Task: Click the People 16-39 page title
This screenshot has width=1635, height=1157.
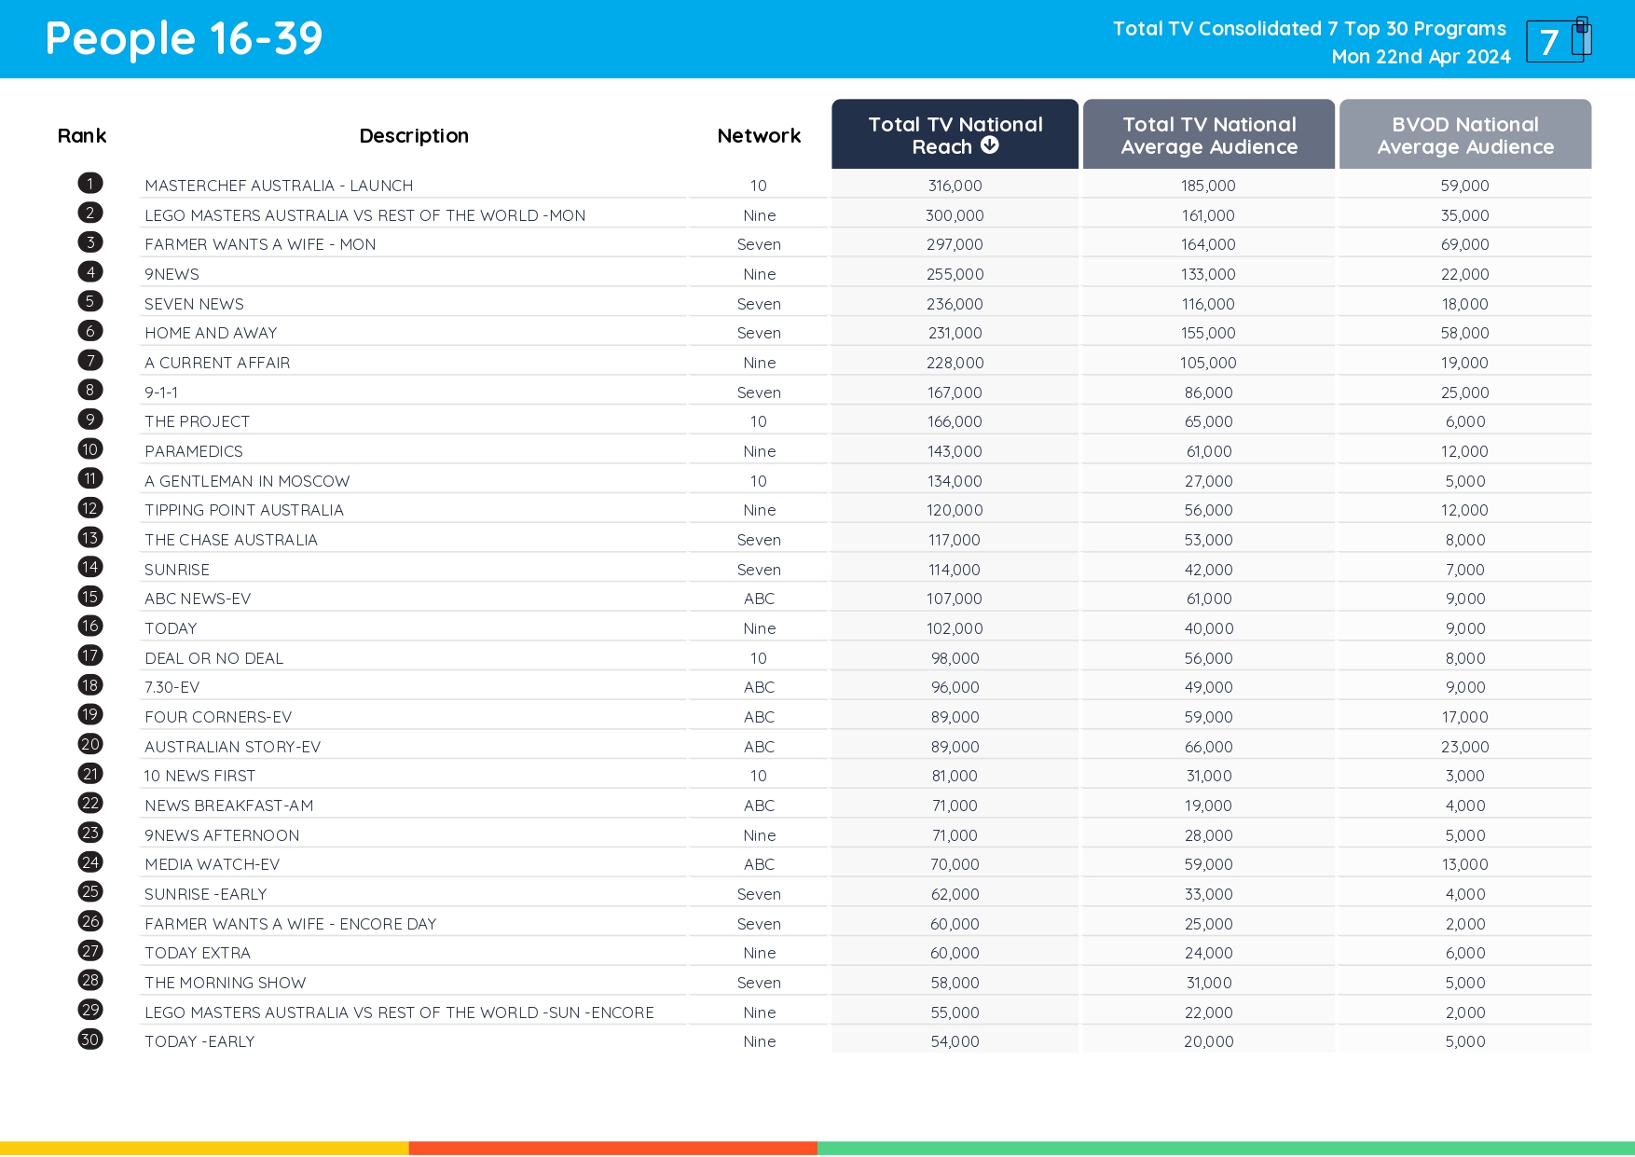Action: (184, 39)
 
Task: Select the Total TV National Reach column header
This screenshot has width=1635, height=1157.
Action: (955, 135)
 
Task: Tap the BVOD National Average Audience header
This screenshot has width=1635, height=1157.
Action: (1464, 135)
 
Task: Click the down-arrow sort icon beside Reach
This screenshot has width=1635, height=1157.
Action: (990, 145)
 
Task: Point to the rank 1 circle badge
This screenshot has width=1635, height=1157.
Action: (90, 184)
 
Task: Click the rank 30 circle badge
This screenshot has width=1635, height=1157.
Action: (90, 1040)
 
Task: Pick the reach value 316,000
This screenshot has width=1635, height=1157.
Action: (955, 186)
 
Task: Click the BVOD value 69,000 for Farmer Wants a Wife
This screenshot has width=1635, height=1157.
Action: (1464, 244)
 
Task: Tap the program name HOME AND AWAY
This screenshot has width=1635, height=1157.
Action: (211, 333)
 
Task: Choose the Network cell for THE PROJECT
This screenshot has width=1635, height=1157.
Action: (759, 421)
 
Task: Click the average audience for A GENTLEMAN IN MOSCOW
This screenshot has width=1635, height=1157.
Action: (1208, 481)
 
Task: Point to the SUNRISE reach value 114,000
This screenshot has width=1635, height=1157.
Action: (955, 570)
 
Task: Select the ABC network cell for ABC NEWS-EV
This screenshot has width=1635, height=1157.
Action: (759, 599)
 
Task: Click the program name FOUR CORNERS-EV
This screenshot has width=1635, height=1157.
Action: (218, 717)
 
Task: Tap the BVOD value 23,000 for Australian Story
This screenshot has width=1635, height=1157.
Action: (1464, 747)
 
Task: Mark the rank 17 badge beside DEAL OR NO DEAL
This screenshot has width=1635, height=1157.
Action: (90, 656)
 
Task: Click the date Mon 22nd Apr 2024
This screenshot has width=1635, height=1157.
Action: (1421, 57)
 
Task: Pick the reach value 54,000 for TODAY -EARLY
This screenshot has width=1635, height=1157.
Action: (955, 1041)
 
